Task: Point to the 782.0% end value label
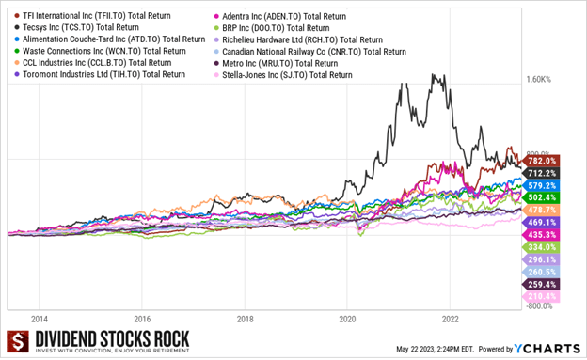[543, 162]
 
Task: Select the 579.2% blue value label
[543, 186]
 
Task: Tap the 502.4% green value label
[543, 198]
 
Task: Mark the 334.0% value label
[543, 246]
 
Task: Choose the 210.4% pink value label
[543, 295]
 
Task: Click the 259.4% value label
[543, 283]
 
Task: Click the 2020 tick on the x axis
[347, 318]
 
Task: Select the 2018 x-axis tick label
[245, 318]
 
